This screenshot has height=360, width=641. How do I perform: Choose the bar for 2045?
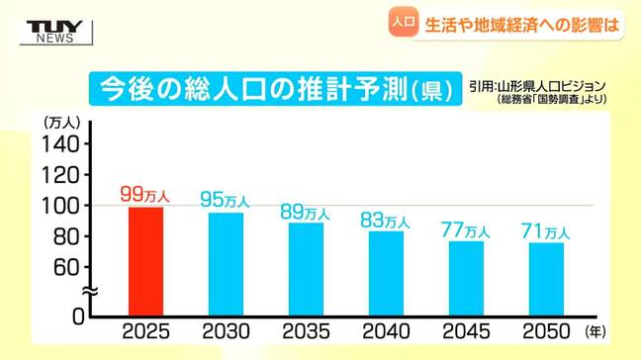pos(466,278)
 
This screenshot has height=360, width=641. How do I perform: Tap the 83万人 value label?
pos(386,221)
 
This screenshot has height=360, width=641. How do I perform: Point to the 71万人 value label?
pos(546,231)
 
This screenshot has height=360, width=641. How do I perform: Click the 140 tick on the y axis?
pos(59,144)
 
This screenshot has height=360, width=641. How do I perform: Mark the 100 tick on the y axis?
pos(59,206)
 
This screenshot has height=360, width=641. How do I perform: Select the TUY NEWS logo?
pos(49,30)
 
